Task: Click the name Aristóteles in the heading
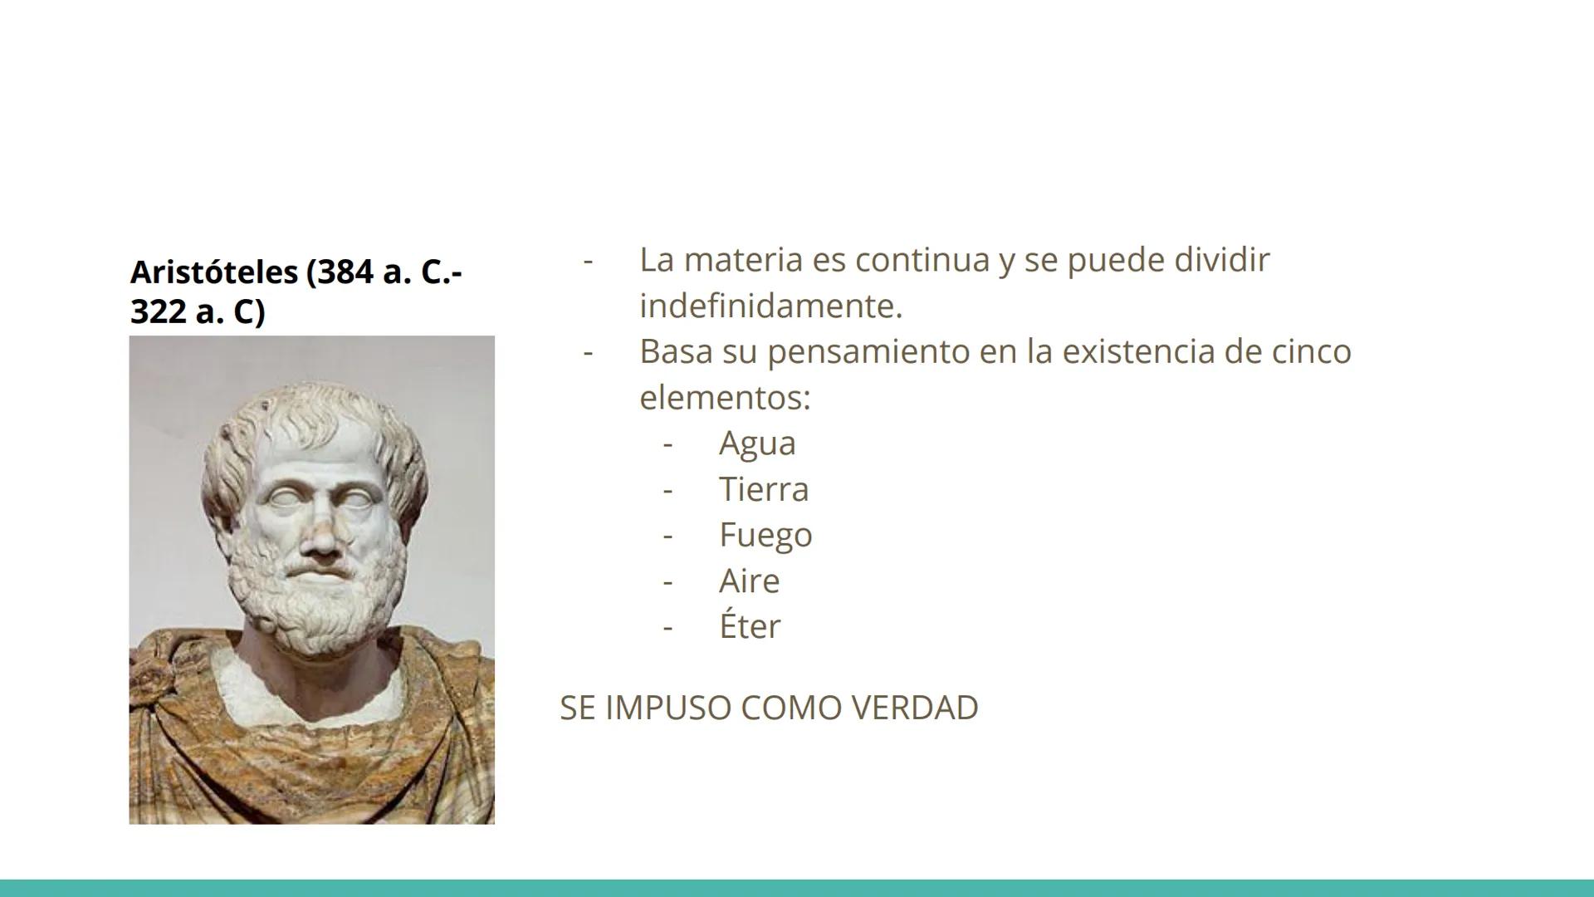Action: [x=213, y=272]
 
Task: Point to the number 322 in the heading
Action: [x=158, y=312]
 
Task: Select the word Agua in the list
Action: [x=757, y=443]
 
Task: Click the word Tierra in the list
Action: [x=763, y=488]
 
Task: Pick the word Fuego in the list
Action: [x=765, y=535]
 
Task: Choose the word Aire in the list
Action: [x=749, y=581]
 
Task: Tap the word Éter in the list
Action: [x=750, y=625]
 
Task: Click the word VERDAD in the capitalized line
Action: [x=915, y=708]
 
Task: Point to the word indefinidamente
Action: [x=770, y=306]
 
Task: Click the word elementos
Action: [x=724, y=397]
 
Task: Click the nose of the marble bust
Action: [x=320, y=536]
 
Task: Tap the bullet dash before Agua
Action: [x=667, y=444]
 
